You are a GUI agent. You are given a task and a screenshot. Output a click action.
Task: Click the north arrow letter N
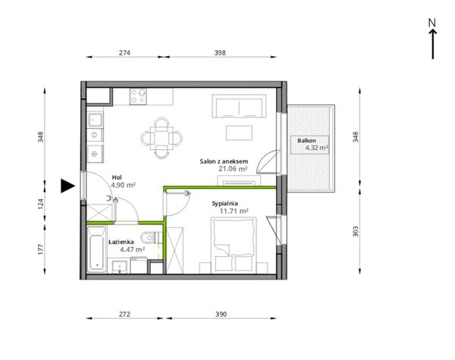[432, 22]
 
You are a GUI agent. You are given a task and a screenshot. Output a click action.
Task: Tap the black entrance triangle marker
[67, 186]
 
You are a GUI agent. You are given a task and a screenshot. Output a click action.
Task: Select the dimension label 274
[124, 53]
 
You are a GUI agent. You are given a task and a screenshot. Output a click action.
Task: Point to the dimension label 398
[220, 53]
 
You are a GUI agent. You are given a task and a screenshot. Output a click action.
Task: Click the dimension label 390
[221, 315]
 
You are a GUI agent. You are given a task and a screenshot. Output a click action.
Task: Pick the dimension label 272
[124, 315]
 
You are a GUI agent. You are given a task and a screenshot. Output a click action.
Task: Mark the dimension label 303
[356, 231]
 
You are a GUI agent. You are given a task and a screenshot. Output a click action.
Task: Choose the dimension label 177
[40, 249]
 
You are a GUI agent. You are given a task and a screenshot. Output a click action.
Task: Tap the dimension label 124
[40, 204]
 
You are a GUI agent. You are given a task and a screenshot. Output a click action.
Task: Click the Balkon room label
[306, 141]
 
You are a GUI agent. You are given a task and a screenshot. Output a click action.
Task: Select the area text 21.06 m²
[233, 169]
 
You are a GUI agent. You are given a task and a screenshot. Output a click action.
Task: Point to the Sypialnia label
[225, 203]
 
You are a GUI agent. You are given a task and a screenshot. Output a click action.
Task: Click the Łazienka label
[121, 242]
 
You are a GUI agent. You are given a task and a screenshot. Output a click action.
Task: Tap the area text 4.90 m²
[123, 185]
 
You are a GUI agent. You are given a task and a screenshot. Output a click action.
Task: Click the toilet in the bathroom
[152, 237]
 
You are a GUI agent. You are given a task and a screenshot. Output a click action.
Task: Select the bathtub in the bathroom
[96, 250]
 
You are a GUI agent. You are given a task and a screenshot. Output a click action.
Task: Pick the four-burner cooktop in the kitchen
[138, 96]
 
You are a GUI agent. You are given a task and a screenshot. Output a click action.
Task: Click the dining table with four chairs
[162, 138]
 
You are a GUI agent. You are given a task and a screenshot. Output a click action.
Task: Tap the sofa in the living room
[239, 106]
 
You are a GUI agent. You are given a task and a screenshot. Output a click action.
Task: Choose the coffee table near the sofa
[239, 133]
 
